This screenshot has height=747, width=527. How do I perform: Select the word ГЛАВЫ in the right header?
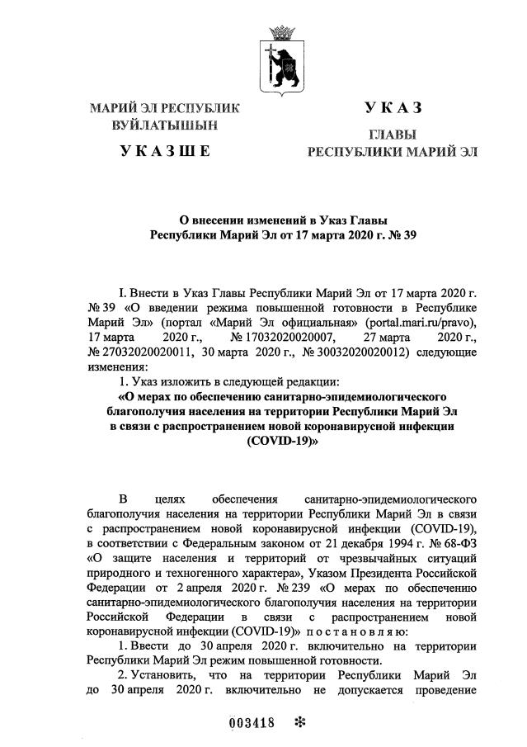pos(392,135)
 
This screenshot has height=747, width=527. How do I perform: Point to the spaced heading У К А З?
pos(393,107)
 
